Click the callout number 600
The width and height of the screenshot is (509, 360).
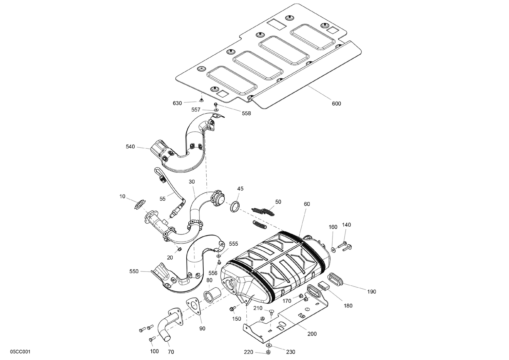pyautogui.click(x=336, y=103)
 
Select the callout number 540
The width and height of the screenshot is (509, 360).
pyautogui.click(x=130, y=147)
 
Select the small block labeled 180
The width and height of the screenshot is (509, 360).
pyautogui.click(x=324, y=286)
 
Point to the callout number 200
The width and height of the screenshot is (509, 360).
pyautogui.click(x=312, y=334)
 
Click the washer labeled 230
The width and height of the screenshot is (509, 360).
pyautogui.click(x=268, y=345)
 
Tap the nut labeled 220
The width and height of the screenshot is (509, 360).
pyautogui.click(x=268, y=353)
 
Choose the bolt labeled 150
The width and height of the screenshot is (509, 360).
pyautogui.click(x=233, y=308)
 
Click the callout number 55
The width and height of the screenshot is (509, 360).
pyautogui.click(x=163, y=199)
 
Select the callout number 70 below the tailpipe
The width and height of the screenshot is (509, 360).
pyautogui.click(x=171, y=352)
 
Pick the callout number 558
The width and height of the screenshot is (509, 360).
pyautogui.click(x=246, y=113)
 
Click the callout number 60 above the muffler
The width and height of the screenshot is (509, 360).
pyautogui.click(x=307, y=204)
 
